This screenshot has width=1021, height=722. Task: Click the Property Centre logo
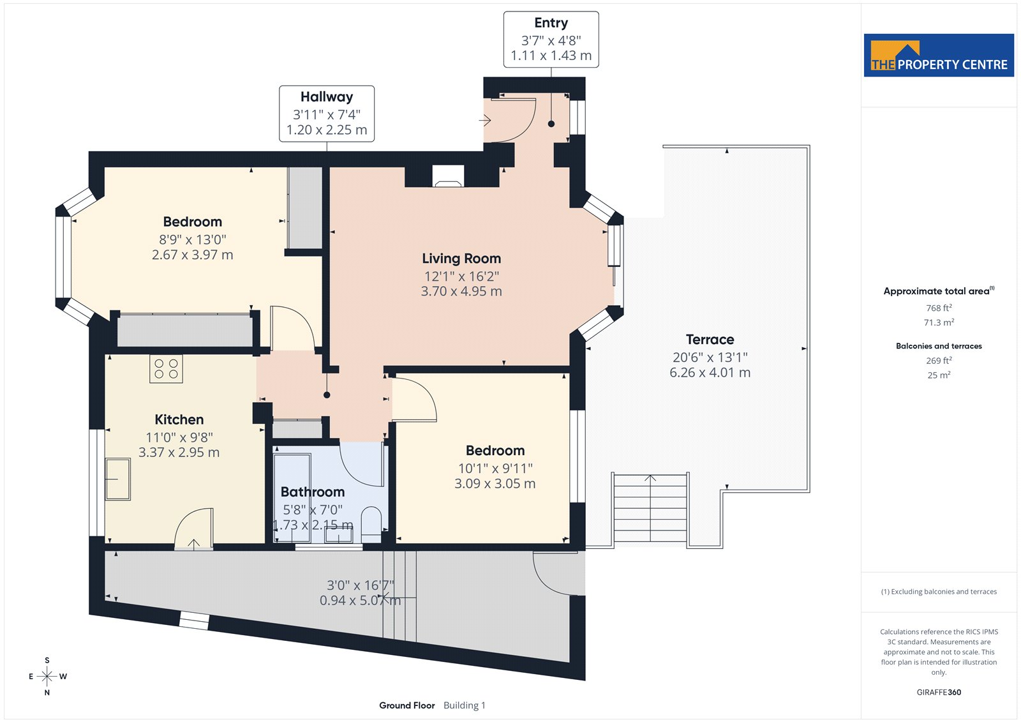pyautogui.click(x=939, y=55)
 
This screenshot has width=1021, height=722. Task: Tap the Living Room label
pyautogui.click(x=461, y=259)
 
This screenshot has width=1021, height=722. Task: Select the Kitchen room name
pyautogui.click(x=179, y=419)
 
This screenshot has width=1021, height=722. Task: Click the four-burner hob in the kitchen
pyautogui.click(x=166, y=369)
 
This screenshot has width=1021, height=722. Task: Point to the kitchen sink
pyautogui.click(x=117, y=479)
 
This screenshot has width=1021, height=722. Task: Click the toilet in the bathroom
pyautogui.click(x=371, y=525)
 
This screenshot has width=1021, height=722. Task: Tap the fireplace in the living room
pyautogui.click(x=448, y=176)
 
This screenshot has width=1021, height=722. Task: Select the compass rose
pyautogui.click(x=47, y=676)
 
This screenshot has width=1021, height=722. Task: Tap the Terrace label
pyautogui.click(x=710, y=340)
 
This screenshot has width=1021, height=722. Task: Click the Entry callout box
pyautogui.click(x=551, y=40)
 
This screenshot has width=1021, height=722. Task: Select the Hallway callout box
pyautogui.click(x=327, y=114)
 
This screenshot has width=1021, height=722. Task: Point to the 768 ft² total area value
pyautogui.click(x=939, y=308)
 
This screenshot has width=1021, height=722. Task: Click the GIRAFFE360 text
pyautogui.click(x=939, y=692)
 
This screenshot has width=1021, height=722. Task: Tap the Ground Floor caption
pyautogui.click(x=407, y=705)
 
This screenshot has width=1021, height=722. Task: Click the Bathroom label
pyautogui.click(x=313, y=492)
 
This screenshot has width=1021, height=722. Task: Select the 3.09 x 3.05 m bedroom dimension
pyautogui.click(x=495, y=483)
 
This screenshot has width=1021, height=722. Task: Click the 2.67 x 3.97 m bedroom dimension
pyautogui.click(x=192, y=255)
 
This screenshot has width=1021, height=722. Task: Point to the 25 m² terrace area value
pyautogui.click(x=939, y=375)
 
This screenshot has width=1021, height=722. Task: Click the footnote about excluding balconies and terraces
pyautogui.click(x=939, y=592)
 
